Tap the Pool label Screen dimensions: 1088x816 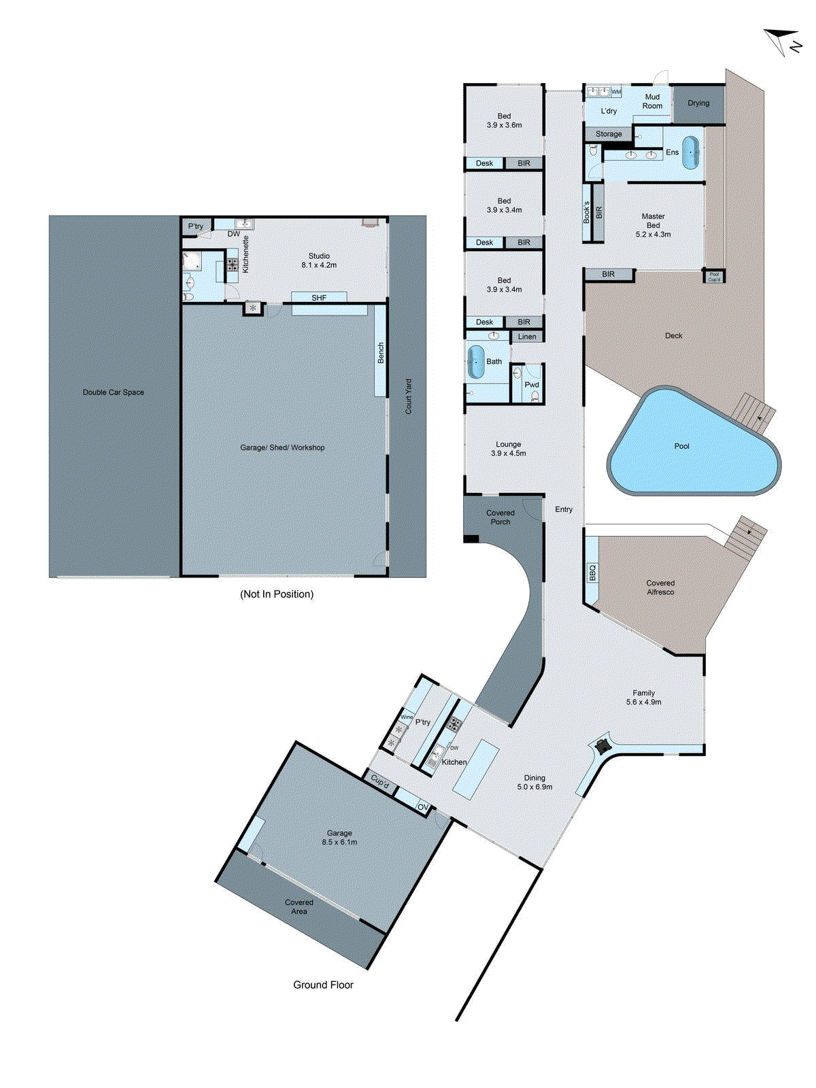tap(681, 446)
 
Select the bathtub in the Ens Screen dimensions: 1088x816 tap(691, 153)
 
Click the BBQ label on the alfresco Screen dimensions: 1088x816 tap(592, 572)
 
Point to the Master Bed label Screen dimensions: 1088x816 tap(653, 225)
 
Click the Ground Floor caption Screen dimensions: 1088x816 tap(323, 985)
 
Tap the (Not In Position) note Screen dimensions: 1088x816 tap(277, 594)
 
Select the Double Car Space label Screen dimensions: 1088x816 tap(114, 392)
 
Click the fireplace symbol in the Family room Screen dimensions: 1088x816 tap(602, 746)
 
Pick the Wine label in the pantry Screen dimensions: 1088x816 tap(407, 717)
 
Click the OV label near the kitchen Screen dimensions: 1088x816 tap(423, 808)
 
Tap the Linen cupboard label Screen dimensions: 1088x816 tap(527, 337)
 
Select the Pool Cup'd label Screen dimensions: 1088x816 tap(714, 277)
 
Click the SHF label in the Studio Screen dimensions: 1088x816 tap(319, 298)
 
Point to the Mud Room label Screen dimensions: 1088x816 tap(652, 101)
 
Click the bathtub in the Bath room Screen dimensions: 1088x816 tap(475, 362)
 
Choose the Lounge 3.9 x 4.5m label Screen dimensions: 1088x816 tap(508, 449)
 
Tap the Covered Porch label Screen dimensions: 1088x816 tap(500, 517)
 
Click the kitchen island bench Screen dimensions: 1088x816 tap(476, 769)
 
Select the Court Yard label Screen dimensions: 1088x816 tap(409, 396)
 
